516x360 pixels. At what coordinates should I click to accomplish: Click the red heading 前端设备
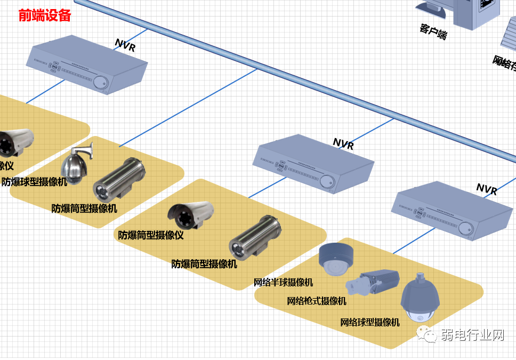click(x=45, y=15)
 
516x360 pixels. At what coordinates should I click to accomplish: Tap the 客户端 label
click(x=433, y=31)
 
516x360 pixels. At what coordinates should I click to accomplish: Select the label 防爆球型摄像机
click(x=35, y=181)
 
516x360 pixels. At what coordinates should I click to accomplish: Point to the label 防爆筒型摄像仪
click(x=151, y=235)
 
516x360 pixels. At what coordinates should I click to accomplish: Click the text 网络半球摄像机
click(x=283, y=282)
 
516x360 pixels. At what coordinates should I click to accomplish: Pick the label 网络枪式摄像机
click(x=317, y=301)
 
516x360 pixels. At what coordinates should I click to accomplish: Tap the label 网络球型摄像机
click(x=370, y=322)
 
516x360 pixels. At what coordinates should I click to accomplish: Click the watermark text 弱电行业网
click(x=472, y=335)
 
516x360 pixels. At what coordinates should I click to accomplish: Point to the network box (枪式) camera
click(x=373, y=282)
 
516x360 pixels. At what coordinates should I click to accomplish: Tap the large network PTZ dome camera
click(x=420, y=300)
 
